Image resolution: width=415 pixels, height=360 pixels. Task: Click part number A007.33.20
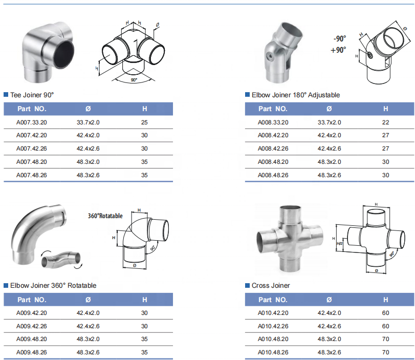[x=32, y=122]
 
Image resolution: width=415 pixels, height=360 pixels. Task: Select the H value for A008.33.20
[x=385, y=122]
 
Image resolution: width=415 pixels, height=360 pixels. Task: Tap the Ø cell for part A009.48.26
[x=88, y=352]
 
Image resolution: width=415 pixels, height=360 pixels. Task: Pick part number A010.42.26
[x=273, y=326]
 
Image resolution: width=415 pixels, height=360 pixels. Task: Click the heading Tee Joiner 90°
[x=32, y=95]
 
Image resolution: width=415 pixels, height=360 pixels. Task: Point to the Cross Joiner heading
[x=271, y=285]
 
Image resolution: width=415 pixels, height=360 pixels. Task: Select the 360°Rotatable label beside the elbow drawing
[x=105, y=216]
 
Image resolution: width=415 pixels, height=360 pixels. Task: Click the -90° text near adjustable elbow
[x=340, y=39]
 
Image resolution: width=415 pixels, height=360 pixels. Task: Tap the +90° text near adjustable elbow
[x=338, y=50]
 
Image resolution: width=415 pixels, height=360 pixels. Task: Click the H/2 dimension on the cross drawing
[x=340, y=243]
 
